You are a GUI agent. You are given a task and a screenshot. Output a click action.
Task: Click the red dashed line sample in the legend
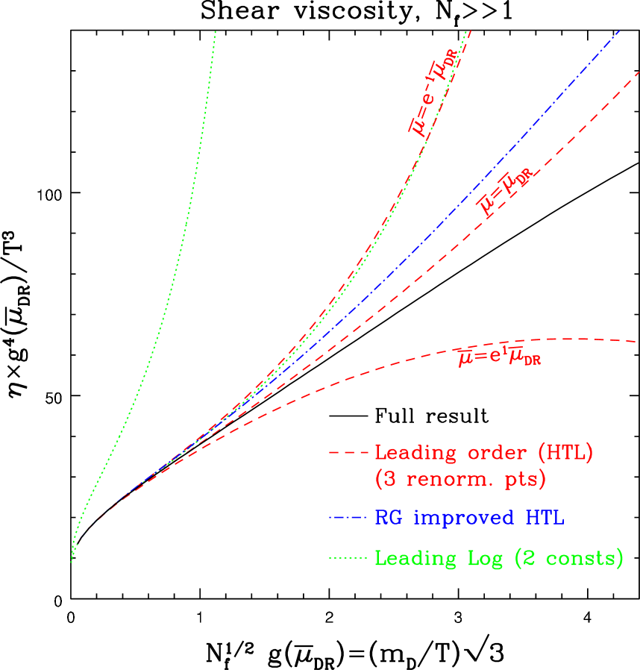[348, 453]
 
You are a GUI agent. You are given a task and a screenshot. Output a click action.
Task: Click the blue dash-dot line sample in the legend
[348, 518]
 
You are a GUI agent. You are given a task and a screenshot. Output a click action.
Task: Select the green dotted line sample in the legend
[348, 558]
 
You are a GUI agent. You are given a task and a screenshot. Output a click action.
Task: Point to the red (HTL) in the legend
[556, 453]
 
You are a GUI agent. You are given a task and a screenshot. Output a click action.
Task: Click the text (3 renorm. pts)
[460, 479]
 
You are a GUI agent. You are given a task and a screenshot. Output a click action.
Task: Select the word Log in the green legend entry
[477, 559]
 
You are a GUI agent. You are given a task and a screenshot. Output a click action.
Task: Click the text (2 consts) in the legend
[567, 559]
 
